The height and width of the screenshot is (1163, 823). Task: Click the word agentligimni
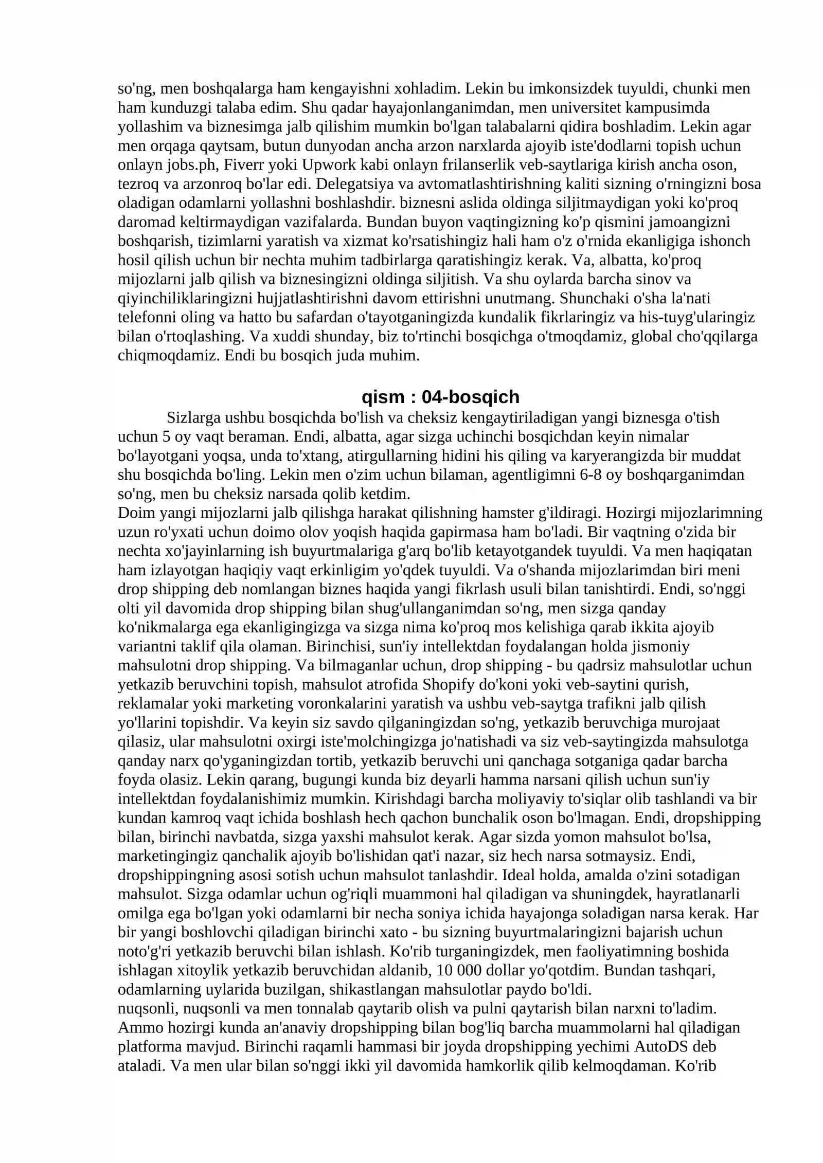(530, 475)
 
